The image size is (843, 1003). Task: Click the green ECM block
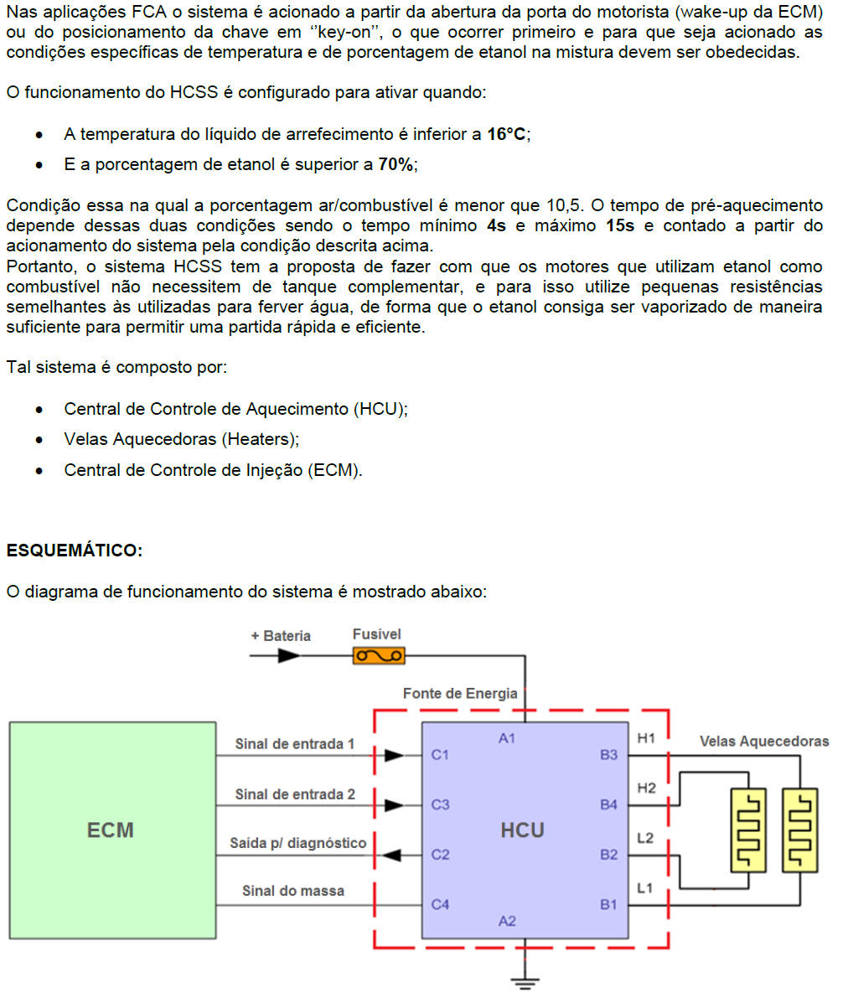[112, 830]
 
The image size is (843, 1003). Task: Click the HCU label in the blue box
[522, 830]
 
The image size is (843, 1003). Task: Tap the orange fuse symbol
[378, 655]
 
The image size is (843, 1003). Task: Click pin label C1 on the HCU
[440, 755]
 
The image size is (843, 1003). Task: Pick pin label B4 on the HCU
[608, 805]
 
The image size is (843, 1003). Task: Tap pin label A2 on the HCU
[507, 921]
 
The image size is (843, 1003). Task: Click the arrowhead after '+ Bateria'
[289, 655]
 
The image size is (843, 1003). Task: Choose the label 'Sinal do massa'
[292, 891]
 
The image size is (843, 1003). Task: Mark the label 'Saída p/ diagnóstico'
[297, 843]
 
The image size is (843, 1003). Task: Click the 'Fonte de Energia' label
[460, 694]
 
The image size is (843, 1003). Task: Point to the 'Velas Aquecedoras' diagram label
[764, 742]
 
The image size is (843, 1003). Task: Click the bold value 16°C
[507, 134]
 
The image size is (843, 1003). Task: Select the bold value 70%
[396, 165]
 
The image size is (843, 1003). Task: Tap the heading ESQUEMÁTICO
[75, 551]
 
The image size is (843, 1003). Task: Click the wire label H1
[646, 738]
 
